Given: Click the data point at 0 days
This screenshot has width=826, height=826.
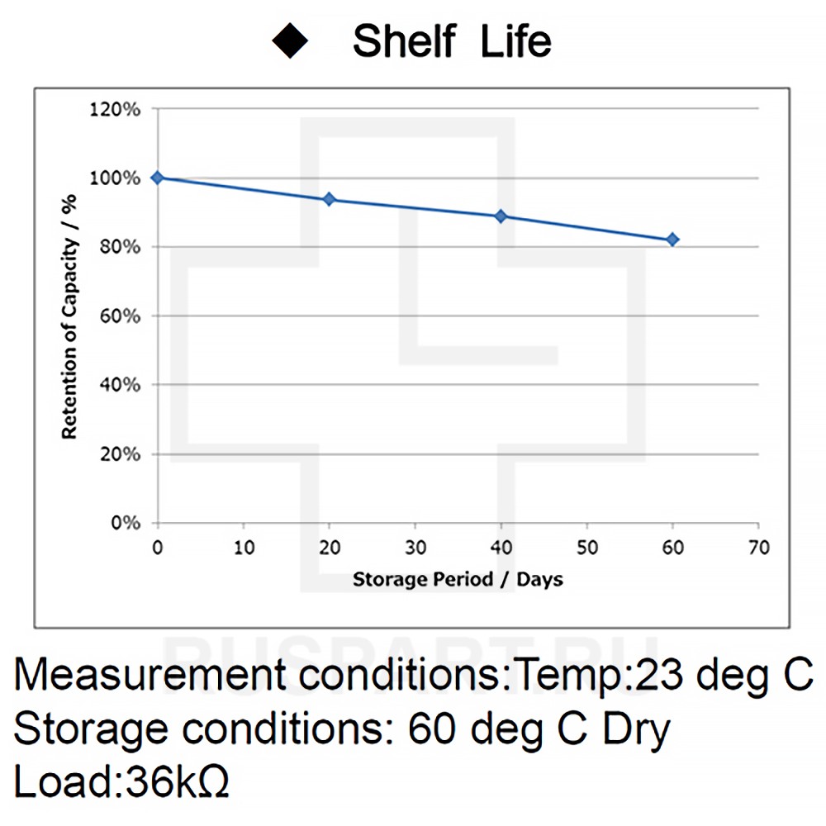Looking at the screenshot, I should [x=157, y=178].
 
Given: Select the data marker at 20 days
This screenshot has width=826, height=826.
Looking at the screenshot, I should [x=329, y=199].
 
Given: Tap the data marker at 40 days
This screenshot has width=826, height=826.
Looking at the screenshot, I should [x=501, y=216].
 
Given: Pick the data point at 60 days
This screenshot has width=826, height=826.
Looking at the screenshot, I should [x=672, y=240].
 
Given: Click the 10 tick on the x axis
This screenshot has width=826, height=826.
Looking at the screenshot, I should [x=243, y=548].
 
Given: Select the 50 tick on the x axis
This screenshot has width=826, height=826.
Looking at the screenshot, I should [x=586, y=548].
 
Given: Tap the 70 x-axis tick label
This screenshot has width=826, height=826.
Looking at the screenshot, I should [x=758, y=548].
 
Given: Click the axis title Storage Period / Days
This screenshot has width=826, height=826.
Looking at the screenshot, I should [x=458, y=579].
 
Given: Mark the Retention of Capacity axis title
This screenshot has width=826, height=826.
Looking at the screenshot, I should [x=69, y=316].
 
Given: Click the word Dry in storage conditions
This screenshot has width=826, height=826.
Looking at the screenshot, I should [x=637, y=730].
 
